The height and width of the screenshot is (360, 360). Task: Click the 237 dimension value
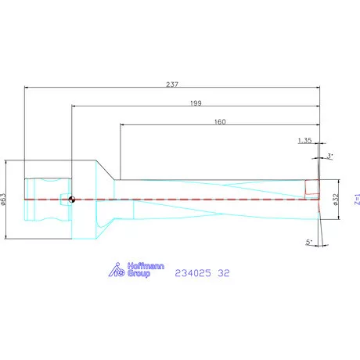click(171, 84)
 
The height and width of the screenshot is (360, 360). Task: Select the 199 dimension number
click(196, 103)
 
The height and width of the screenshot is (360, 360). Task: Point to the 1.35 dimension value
click(305, 141)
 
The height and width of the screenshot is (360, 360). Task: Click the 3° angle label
click(330, 157)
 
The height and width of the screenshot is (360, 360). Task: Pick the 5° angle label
click(310, 243)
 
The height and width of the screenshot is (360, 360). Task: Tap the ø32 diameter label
click(335, 201)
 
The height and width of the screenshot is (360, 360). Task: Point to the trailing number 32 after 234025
click(224, 273)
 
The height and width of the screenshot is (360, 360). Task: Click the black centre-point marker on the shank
click(72, 200)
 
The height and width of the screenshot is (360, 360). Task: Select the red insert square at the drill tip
click(311, 189)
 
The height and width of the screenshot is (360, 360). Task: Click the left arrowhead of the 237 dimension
click(27, 88)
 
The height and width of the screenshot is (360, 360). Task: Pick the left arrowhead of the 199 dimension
click(74, 106)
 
